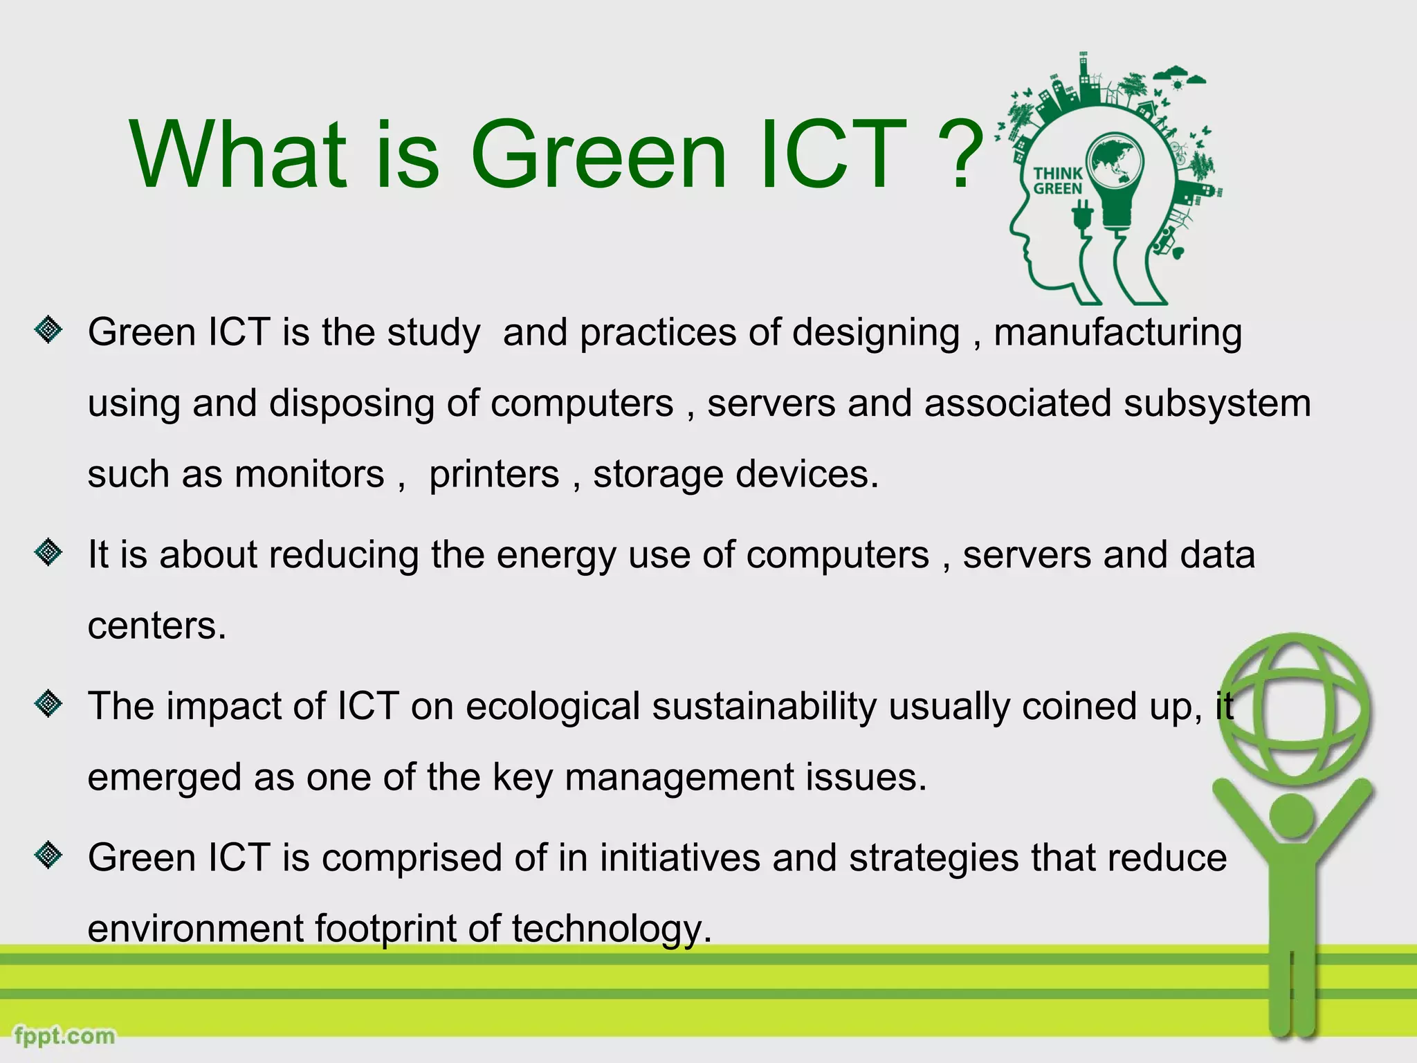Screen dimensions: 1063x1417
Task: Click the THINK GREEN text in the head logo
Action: (1057, 181)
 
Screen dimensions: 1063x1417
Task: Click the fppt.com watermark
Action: (64, 1036)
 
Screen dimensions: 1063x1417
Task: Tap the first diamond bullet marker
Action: (48, 329)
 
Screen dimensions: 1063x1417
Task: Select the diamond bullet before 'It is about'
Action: (48, 552)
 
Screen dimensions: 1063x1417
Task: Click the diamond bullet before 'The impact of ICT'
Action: (48, 704)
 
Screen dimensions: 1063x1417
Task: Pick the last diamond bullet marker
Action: (48, 855)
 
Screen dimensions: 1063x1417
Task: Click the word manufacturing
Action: (1117, 333)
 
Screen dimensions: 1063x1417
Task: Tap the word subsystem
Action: (1217, 403)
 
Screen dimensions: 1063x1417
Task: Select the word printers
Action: (494, 475)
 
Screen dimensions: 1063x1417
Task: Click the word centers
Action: (156, 626)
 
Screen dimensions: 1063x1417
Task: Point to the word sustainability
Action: (764, 707)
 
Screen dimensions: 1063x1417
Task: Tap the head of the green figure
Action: (1292, 817)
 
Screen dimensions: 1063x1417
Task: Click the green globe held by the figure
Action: (1294, 709)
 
